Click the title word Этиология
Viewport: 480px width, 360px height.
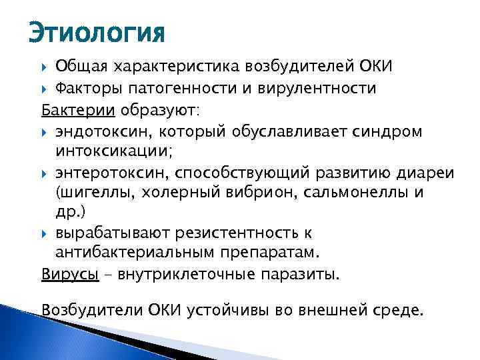tap(96, 32)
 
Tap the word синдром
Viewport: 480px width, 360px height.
tap(392, 131)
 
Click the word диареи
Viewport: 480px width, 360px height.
tap(425, 172)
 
